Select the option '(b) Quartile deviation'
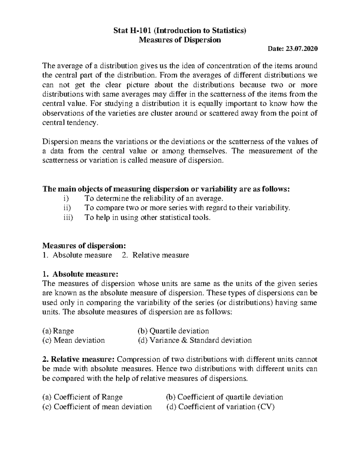coord(173,331)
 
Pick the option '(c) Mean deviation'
coord(73,340)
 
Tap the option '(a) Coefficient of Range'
coord(82,397)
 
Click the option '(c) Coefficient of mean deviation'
coord(97,407)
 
